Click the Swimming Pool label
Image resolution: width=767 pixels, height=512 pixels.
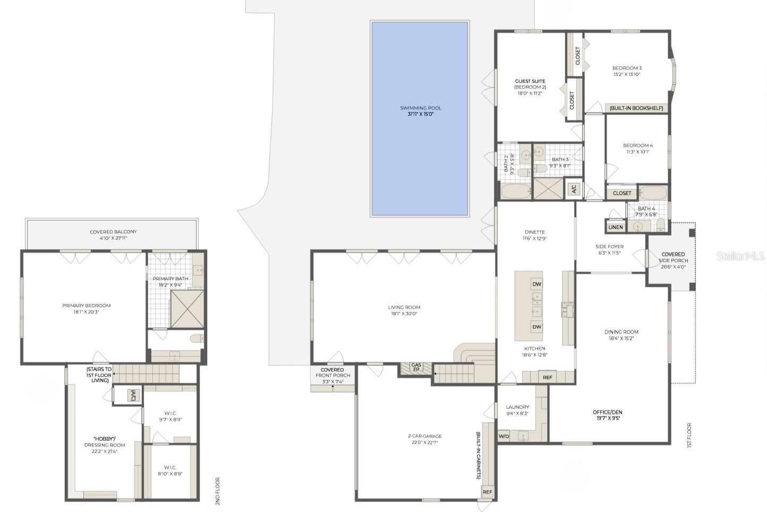point(421,108)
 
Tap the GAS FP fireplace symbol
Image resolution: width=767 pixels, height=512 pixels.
point(416,367)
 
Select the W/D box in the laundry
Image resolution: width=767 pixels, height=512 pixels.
point(504,437)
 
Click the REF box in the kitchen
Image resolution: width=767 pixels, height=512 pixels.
point(548,377)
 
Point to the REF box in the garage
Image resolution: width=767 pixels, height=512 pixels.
point(487,492)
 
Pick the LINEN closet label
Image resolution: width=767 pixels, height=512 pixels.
point(616,227)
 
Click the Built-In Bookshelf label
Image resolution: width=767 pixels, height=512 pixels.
point(636,108)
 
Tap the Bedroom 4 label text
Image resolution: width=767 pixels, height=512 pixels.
point(637,145)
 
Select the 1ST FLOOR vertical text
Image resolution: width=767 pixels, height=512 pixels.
point(689,435)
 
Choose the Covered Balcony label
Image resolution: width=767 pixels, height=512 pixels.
point(113,232)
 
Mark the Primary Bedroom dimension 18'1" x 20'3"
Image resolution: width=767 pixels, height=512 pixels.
point(87,312)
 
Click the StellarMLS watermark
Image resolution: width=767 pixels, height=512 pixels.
point(740,256)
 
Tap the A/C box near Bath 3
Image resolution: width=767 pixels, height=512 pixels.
point(573,189)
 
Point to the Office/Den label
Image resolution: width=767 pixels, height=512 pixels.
point(607,412)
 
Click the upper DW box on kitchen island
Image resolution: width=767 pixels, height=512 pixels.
point(536,284)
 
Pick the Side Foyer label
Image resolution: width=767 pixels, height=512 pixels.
point(609,247)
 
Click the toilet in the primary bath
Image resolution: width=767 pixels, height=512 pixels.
point(196,339)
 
